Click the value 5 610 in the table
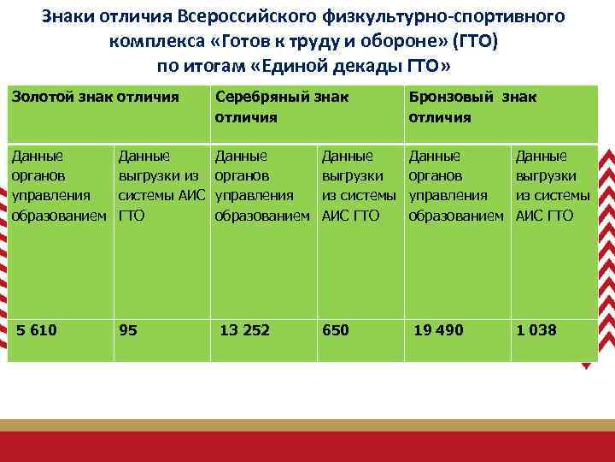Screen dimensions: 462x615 (37, 330)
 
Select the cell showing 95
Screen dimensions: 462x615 (129, 330)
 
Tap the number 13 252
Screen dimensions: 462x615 (244, 330)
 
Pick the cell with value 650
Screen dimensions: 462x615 (335, 330)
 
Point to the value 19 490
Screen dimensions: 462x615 (438, 330)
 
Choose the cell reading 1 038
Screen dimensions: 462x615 (536, 330)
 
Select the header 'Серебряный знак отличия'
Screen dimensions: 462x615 (282, 107)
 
